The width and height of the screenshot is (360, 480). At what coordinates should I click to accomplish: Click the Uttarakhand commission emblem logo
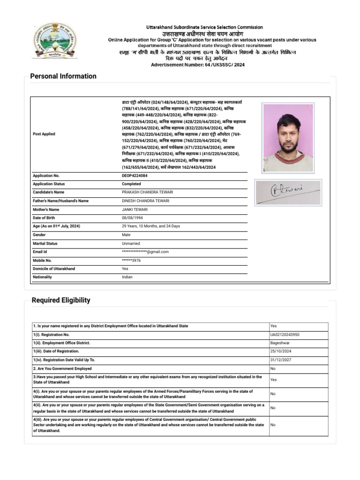[x=55, y=40]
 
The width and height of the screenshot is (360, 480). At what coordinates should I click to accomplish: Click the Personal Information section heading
[x=63, y=76]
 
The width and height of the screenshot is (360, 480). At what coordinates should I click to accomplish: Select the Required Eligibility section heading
[x=61, y=300]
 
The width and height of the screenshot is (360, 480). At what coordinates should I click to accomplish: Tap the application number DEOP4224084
[x=135, y=175]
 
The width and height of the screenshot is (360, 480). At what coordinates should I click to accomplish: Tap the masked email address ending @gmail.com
[x=145, y=252]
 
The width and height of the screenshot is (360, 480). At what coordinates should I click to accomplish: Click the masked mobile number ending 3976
[x=131, y=260]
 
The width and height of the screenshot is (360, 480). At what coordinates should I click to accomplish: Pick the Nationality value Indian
[x=127, y=277]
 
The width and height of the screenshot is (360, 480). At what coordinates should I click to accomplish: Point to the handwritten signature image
[x=288, y=192]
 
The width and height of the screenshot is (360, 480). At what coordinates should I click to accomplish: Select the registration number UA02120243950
[x=285, y=335]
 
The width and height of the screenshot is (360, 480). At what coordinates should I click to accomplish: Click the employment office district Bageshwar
[x=279, y=343]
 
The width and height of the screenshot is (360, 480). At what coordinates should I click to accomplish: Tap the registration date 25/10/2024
[x=280, y=351]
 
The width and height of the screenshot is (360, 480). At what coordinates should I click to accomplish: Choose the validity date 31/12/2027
[x=280, y=360]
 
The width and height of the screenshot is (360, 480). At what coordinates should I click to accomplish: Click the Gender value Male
[x=126, y=235]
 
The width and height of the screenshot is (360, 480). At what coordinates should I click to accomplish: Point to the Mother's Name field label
[x=46, y=210]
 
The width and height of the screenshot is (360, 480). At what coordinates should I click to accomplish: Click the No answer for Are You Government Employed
[x=273, y=368]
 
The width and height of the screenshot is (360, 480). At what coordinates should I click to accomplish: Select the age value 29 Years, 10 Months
[x=150, y=226]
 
